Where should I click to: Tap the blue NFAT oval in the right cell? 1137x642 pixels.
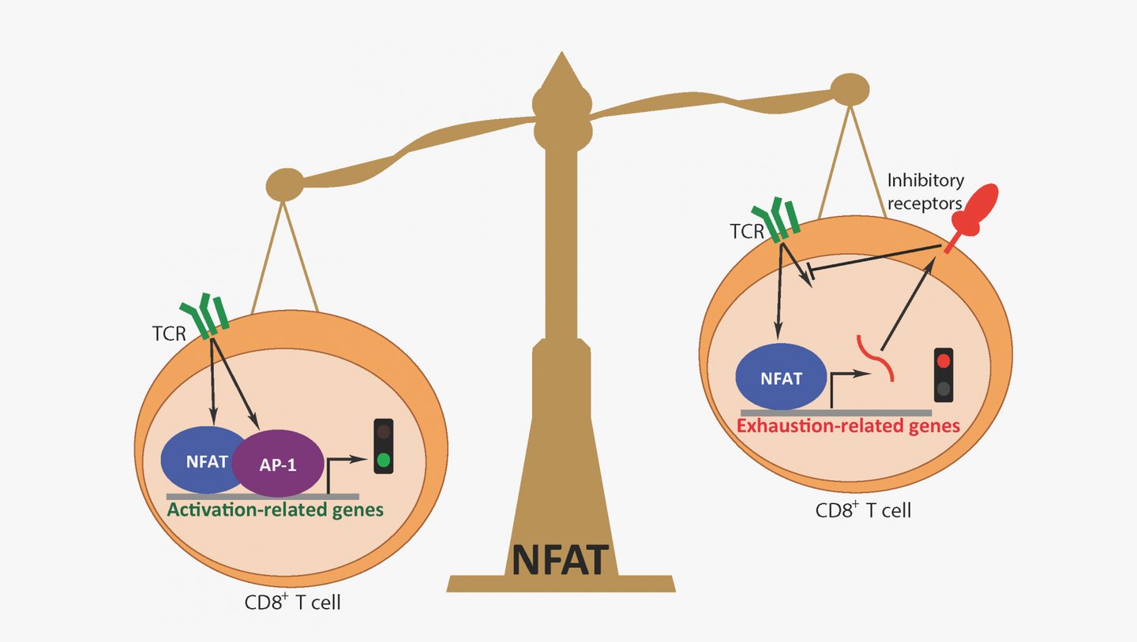[781, 378]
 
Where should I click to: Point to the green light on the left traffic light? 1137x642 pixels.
[384, 460]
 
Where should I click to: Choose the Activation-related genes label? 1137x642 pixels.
[275, 509]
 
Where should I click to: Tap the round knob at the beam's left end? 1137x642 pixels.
[284, 185]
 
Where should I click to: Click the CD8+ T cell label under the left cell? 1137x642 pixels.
[293, 604]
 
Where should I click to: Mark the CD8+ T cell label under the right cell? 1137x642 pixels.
[863, 510]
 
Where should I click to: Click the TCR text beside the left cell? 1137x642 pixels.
[168, 334]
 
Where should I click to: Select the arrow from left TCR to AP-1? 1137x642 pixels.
[235, 383]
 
